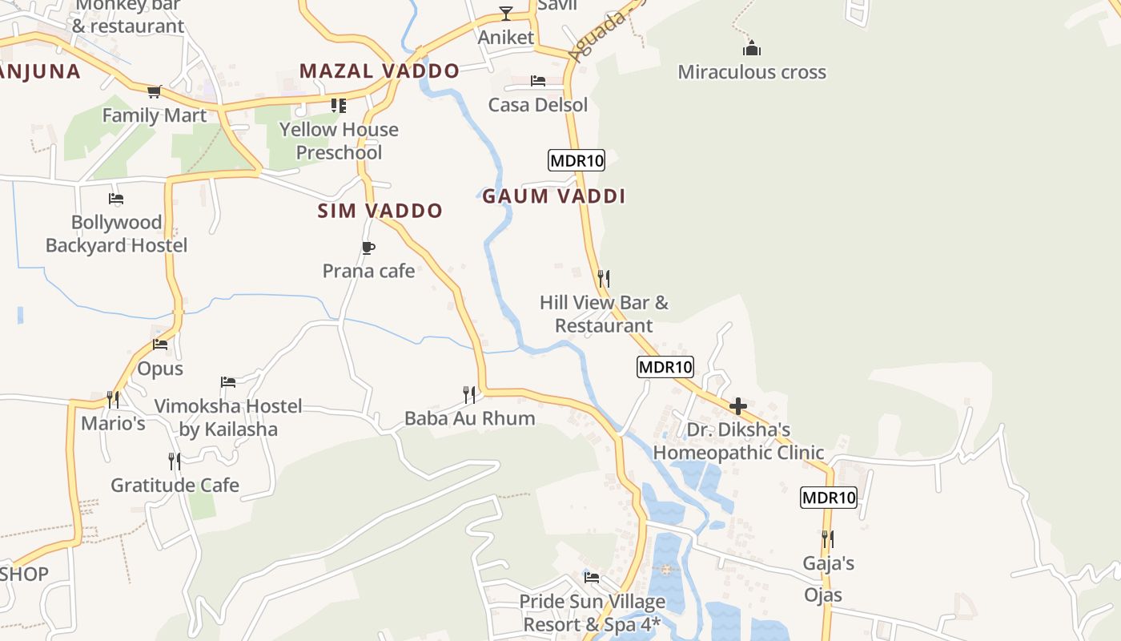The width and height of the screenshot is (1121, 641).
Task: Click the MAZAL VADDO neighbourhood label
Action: tap(380, 71)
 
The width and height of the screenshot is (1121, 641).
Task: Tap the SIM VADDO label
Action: tap(380, 211)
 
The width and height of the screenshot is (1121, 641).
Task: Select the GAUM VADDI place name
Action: tap(553, 196)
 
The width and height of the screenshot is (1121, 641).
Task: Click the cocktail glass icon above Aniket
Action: tap(506, 13)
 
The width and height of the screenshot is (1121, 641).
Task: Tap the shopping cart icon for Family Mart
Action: tap(155, 92)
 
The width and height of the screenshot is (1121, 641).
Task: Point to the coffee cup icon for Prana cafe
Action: tap(368, 248)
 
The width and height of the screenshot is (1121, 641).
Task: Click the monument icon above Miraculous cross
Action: tap(751, 48)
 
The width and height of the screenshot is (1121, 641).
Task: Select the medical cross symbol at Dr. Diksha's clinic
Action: tap(738, 406)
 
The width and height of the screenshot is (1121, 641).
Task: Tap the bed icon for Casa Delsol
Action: tap(538, 81)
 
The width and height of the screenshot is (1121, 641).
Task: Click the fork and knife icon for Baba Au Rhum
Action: tap(469, 394)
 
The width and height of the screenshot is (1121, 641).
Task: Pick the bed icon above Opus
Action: tap(160, 345)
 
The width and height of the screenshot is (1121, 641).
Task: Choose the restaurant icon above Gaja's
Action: tap(828, 539)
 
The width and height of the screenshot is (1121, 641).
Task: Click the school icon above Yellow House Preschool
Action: tap(339, 106)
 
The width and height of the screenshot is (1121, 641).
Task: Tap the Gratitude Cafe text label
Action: tap(175, 485)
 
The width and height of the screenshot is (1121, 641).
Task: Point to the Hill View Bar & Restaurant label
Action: tap(604, 314)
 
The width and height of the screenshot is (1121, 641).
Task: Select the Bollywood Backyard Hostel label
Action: tap(116, 234)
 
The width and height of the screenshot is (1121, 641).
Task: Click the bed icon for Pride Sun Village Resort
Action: tap(592, 577)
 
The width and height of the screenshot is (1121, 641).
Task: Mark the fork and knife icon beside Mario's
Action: tap(113, 398)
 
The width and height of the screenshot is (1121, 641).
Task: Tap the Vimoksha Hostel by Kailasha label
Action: tap(228, 417)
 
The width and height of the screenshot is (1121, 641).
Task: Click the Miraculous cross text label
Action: tap(752, 72)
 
